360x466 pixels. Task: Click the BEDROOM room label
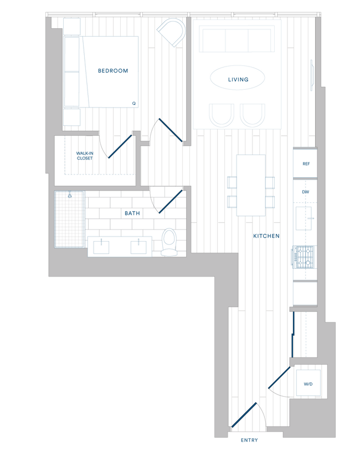pos(113,71)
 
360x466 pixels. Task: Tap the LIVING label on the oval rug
pos(238,80)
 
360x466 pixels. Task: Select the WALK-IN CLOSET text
pos(85,156)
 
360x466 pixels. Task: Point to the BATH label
pos(132,213)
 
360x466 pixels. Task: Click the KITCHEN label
pos(266,236)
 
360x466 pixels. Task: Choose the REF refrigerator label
pos(306,164)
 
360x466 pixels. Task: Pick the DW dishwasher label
pos(305,192)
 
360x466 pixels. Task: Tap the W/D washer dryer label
pos(308,384)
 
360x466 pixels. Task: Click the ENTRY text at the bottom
pos(250,441)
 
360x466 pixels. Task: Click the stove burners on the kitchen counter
pos(303,258)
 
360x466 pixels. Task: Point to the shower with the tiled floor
pos(70,219)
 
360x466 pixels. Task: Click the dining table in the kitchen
pos(251,185)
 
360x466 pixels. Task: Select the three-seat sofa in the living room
pos(235,40)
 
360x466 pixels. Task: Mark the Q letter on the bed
pos(133,103)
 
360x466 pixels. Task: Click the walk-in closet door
pos(120,146)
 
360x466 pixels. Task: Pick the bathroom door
pos(171,202)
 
